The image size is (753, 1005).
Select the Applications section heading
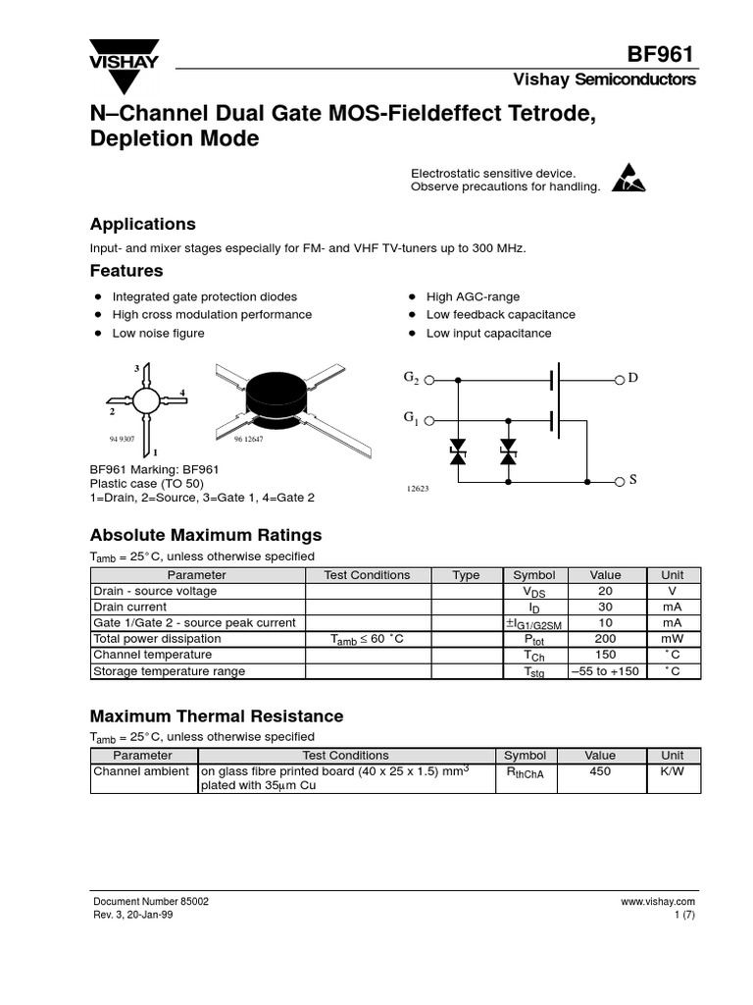click(x=142, y=224)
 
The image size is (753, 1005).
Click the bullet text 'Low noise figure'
click(x=158, y=333)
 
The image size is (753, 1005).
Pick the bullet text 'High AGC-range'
click(x=473, y=296)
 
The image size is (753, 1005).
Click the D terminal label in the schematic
click(x=632, y=379)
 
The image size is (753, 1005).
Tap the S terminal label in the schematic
click(x=632, y=480)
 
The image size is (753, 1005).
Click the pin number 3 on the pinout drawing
click(x=136, y=368)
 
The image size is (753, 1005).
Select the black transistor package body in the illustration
click(x=275, y=396)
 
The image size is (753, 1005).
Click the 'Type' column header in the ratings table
click(x=466, y=575)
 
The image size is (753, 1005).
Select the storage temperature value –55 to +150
click(x=604, y=671)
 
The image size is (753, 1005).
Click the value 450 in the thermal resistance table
click(x=600, y=771)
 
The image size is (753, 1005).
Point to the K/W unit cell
click(x=672, y=771)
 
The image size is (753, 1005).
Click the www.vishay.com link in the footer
click(x=657, y=901)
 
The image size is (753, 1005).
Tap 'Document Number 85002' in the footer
click(x=150, y=901)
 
